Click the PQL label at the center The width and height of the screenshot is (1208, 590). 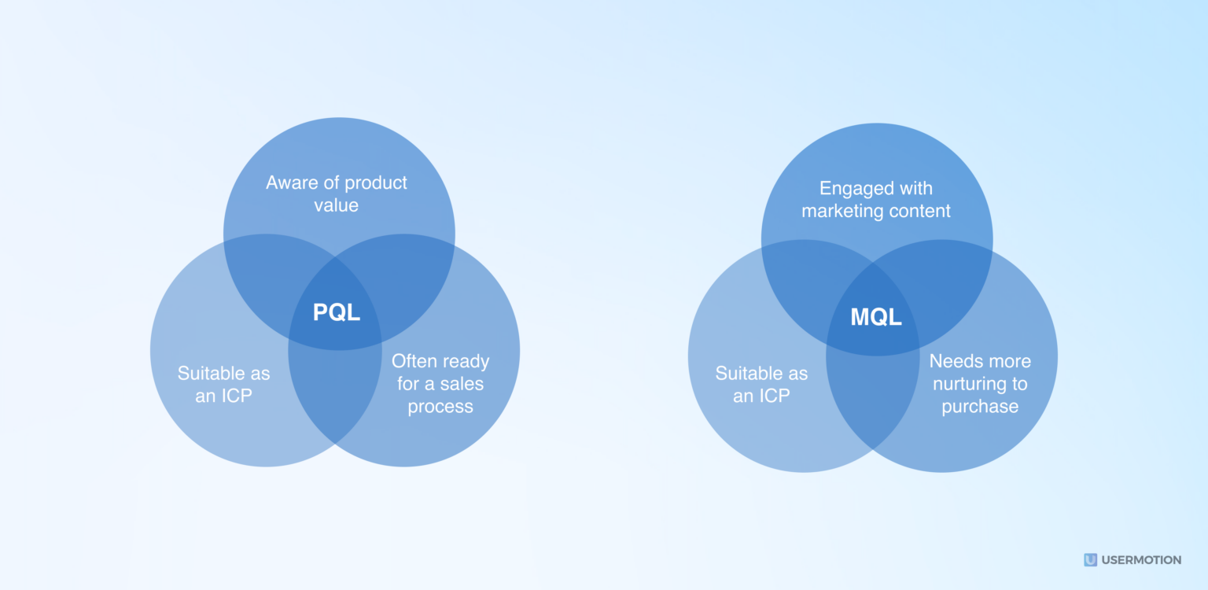coord(337,312)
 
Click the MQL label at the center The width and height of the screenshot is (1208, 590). coord(875,318)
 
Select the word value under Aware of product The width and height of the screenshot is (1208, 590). coord(337,205)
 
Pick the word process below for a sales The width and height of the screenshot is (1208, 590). coord(440,407)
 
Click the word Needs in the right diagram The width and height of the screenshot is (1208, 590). coord(953,361)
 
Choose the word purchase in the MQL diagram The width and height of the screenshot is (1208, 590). coord(980,407)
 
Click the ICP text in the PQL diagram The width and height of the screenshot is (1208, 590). coord(235,396)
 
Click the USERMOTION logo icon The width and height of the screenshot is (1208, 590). coord(1090,560)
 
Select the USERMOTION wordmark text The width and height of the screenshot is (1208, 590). coord(1141,560)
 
